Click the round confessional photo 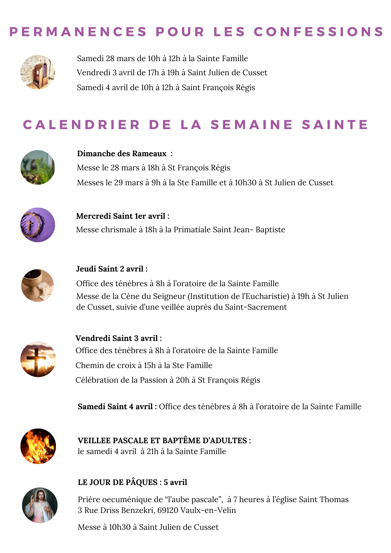(38, 72)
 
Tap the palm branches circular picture (38, 167)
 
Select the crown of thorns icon (38, 225)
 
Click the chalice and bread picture (38, 285)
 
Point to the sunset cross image (38, 359)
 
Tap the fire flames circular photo (38, 446)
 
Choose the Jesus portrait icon (40, 505)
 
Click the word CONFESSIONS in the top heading (319, 32)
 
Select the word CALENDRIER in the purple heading (82, 125)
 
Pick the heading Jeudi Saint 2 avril (110, 269)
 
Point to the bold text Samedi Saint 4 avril (115, 406)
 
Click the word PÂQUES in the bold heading (142, 482)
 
